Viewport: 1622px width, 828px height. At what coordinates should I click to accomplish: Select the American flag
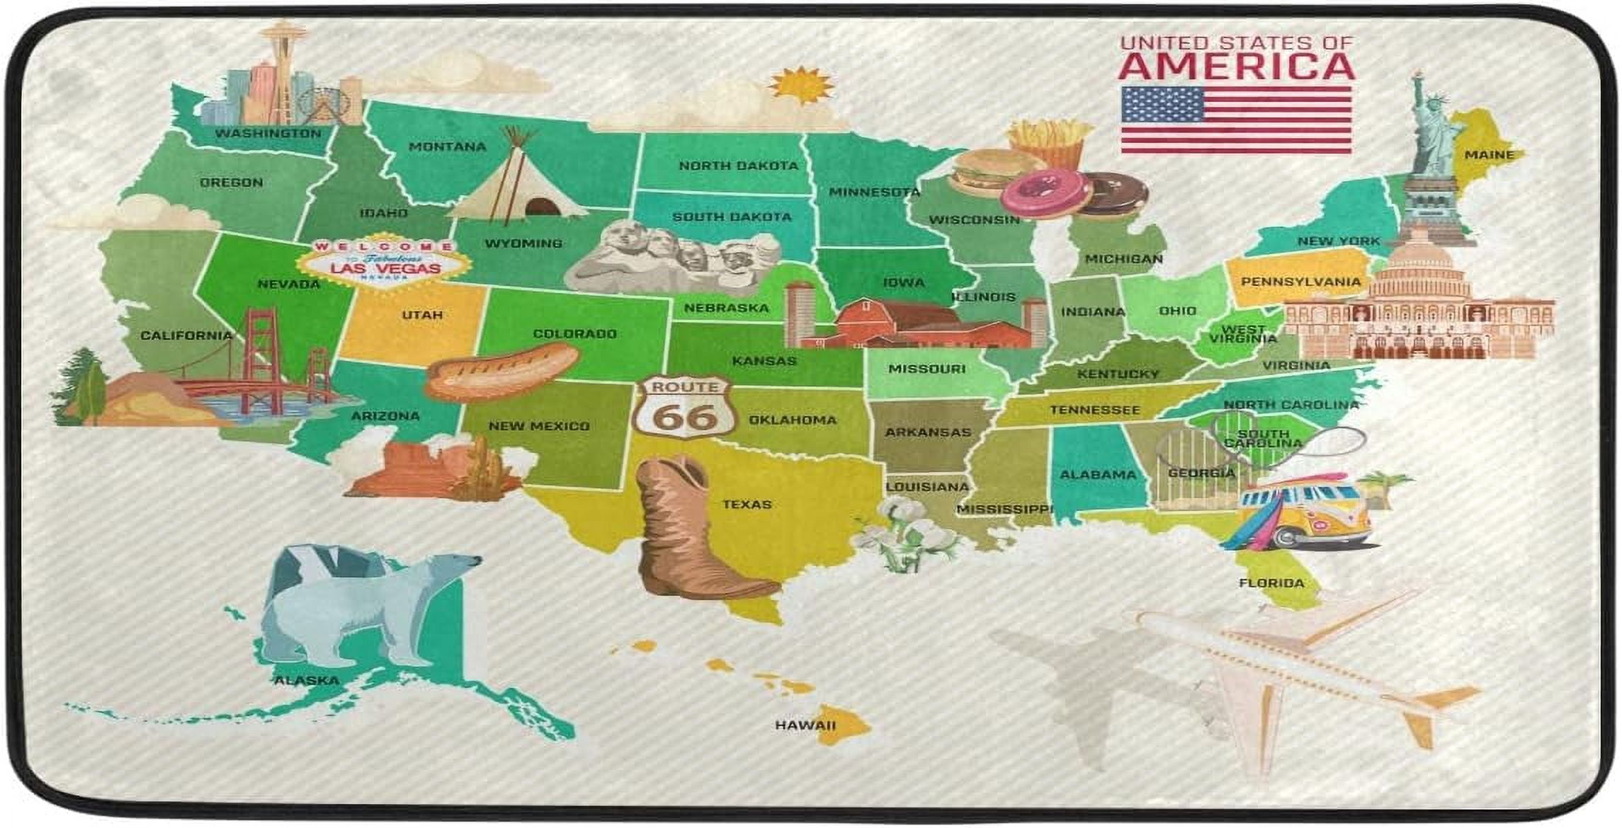coord(1236,120)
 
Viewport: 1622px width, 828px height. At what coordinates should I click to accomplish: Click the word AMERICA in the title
coord(1236,66)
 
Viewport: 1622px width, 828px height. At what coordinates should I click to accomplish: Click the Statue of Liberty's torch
coord(1417,76)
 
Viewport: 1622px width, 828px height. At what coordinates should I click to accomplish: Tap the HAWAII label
coord(805,725)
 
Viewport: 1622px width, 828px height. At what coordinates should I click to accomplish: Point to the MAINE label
coord(1489,154)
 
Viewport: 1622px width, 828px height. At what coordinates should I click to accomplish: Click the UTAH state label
coord(422,315)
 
